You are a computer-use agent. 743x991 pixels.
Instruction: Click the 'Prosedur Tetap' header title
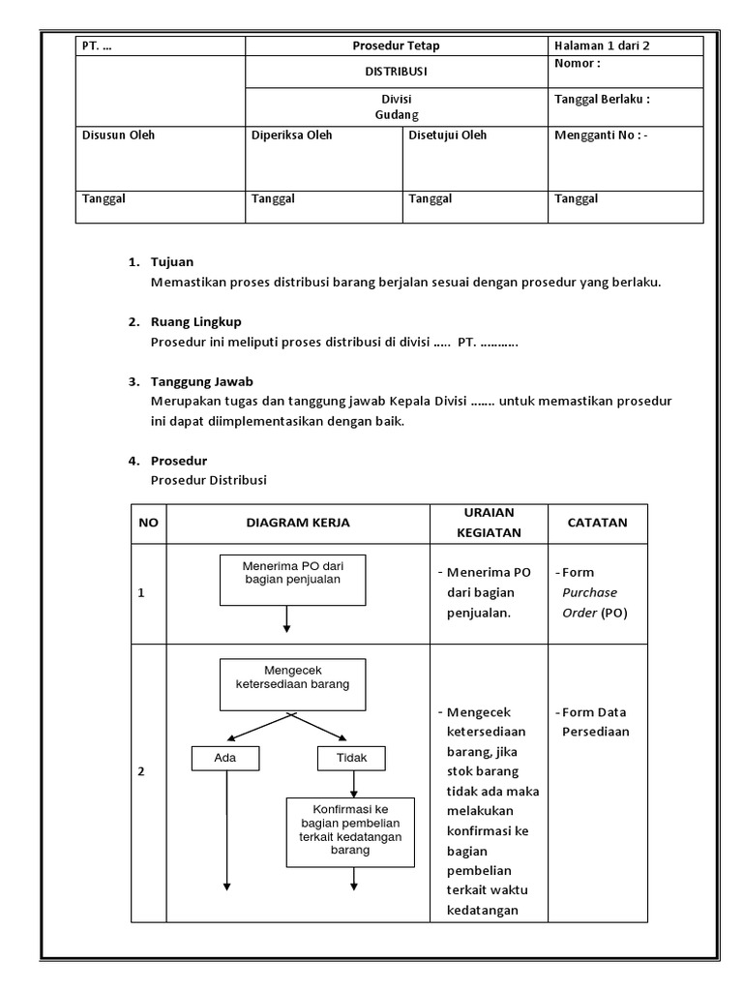pos(396,45)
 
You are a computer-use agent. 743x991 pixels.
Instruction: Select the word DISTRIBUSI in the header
pos(396,72)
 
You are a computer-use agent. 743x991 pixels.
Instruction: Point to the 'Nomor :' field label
pos(578,64)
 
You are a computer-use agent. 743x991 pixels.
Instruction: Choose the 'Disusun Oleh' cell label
pos(118,135)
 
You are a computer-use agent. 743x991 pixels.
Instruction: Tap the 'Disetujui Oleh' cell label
pos(448,135)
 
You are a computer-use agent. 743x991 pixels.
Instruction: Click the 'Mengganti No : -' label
pos(601,135)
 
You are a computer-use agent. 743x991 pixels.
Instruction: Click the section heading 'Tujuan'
pos(172,262)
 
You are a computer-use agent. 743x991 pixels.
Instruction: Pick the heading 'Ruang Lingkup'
pos(196,321)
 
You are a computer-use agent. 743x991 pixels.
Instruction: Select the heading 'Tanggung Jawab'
pos(201,381)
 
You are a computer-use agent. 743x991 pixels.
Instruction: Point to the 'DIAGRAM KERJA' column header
pos(298,523)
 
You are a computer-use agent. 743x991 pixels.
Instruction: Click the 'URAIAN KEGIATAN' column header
pos(489,523)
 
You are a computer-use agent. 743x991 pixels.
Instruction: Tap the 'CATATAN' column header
pos(597,523)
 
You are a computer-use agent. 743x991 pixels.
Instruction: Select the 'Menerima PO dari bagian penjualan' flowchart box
pos(292,580)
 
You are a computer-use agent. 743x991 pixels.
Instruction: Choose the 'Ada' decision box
pos(225,758)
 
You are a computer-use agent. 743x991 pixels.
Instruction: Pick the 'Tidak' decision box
pos(350,758)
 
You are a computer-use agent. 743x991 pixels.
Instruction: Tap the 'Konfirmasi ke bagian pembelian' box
pos(350,831)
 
